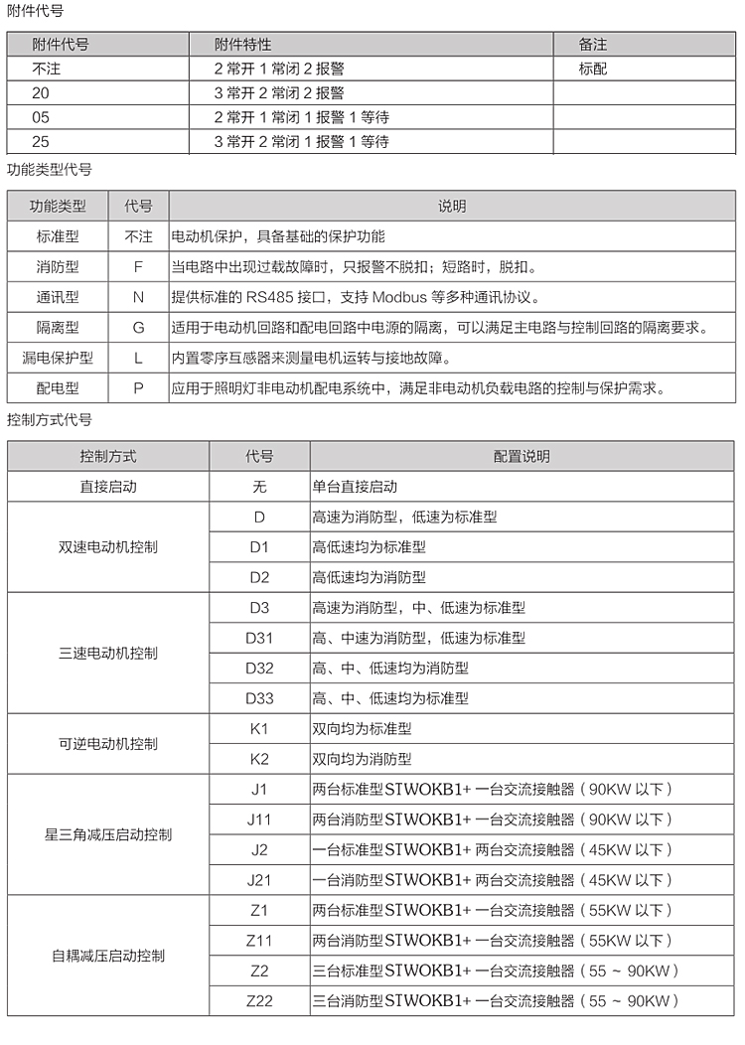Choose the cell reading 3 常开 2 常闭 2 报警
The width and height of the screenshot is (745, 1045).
click(x=279, y=93)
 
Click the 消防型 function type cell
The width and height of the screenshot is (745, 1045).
click(x=57, y=267)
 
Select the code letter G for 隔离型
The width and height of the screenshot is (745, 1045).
click(x=138, y=327)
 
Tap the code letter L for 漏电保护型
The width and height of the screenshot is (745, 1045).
click(x=138, y=357)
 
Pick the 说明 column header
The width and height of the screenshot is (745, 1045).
click(x=452, y=207)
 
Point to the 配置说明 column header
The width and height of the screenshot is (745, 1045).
click(x=521, y=457)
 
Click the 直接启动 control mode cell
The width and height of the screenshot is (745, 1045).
click(x=108, y=487)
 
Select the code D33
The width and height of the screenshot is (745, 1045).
click(x=259, y=698)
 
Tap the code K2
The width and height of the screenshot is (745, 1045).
click(x=259, y=759)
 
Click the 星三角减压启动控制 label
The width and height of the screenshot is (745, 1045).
click(x=108, y=834)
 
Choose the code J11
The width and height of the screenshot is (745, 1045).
click(x=259, y=820)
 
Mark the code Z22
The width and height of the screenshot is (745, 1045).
click(x=259, y=1000)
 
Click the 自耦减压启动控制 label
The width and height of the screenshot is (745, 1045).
click(x=108, y=956)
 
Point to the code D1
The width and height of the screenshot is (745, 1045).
click(x=259, y=546)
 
